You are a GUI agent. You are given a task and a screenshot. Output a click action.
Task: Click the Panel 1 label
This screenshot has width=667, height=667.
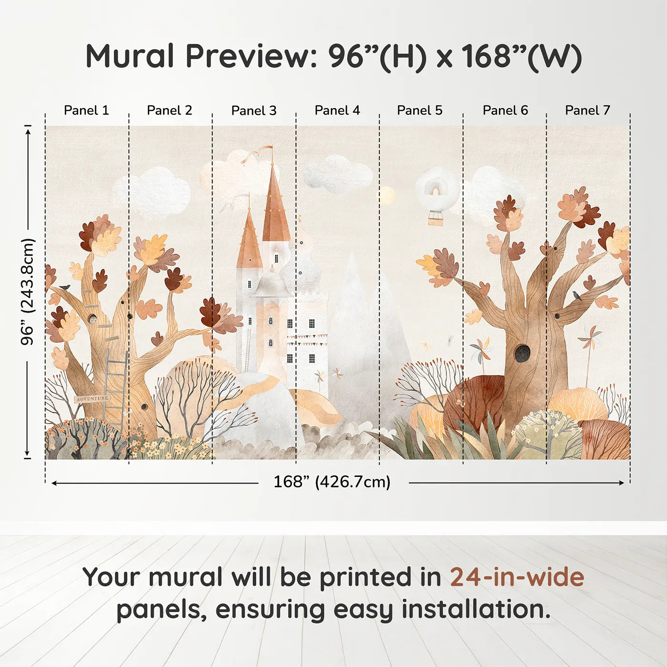[x=86, y=110]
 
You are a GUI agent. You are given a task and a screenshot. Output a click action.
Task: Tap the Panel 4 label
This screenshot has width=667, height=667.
[x=337, y=110]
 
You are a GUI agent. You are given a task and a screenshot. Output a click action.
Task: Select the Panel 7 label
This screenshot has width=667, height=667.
[x=587, y=110]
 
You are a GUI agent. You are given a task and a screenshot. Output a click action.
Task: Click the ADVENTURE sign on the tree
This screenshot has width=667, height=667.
[x=92, y=399]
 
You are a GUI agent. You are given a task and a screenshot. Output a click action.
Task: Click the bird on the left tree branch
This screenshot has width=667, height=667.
[x=65, y=287]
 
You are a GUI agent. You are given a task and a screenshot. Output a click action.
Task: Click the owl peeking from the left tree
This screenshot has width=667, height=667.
[x=92, y=319]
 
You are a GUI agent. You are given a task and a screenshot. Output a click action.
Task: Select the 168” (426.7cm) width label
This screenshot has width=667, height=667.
[x=332, y=482]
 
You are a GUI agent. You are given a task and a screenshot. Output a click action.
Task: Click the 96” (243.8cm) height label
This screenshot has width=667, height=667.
[x=27, y=292]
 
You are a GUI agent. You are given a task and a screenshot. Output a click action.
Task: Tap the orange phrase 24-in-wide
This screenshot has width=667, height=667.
[x=517, y=576]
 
